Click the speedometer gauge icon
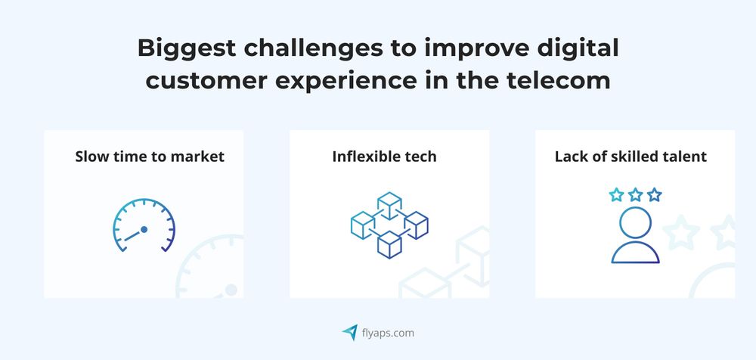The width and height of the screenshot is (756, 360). (x=144, y=225)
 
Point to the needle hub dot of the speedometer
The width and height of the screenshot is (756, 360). (x=144, y=229)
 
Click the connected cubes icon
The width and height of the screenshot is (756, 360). (x=389, y=225)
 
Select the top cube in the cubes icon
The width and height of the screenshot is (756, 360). (x=389, y=203)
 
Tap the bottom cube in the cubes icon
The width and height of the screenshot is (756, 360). (x=389, y=244)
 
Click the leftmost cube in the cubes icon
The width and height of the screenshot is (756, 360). (x=363, y=224)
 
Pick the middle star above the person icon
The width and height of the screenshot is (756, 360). (x=635, y=195)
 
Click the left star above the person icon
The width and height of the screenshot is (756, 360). (x=617, y=195)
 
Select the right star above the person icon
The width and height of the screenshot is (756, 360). (x=654, y=195)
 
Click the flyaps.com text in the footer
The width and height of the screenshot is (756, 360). (x=387, y=332)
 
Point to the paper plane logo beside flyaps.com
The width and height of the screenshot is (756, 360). (x=349, y=332)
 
